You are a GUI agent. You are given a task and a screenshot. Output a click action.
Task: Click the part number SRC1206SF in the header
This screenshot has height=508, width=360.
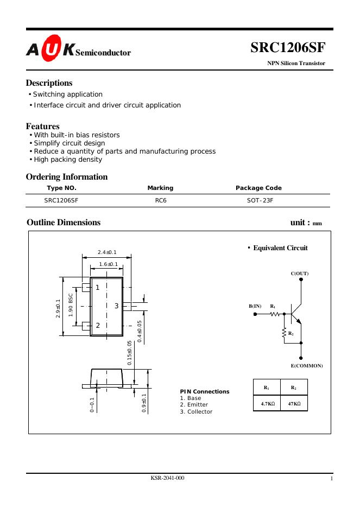[x=287, y=48]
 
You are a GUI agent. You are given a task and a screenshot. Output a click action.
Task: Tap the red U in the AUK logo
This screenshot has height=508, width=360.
[x=52, y=52]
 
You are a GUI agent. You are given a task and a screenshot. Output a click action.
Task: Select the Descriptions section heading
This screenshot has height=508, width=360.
[x=49, y=83]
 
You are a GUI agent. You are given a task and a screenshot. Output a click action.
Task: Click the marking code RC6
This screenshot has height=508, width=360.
[x=160, y=200]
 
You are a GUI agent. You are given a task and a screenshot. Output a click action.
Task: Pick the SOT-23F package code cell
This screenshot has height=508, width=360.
[x=258, y=200]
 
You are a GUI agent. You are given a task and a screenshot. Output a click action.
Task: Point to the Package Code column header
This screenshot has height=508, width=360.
[x=258, y=188]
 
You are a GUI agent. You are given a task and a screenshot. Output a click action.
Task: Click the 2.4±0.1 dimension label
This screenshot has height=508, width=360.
[x=107, y=252]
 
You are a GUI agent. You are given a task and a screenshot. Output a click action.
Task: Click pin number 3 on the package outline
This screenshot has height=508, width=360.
[x=116, y=306]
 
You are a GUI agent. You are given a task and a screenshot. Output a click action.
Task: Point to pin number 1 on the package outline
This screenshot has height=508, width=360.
[x=98, y=287]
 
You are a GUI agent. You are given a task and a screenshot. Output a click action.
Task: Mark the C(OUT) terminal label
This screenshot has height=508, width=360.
[x=300, y=274]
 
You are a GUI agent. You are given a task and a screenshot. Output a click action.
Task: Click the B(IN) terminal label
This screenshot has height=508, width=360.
[x=255, y=306]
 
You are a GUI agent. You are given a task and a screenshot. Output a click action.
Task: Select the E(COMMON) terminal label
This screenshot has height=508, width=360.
[x=307, y=366]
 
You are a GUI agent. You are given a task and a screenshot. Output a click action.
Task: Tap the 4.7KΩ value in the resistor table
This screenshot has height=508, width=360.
[x=267, y=404]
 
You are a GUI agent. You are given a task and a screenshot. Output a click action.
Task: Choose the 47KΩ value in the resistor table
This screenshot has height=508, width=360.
[x=294, y=404]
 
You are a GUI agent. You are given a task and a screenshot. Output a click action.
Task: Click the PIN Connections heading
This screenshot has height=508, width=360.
[x=204, y=391]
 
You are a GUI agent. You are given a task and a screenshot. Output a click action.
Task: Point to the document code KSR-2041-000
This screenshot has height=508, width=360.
[x=167, y=478]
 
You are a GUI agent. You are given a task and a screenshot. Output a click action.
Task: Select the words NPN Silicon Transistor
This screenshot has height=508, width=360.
[x=296, y=63]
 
